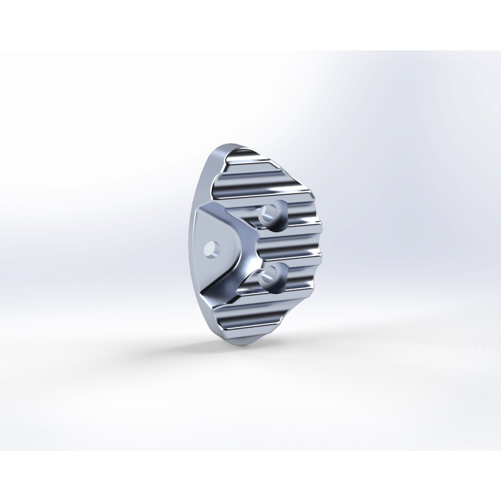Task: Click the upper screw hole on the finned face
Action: pyautogui.click(x=269, y=213)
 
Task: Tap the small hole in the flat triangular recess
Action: pyautogui.click(x=211, y=249)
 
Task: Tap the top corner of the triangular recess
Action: pyautogui.click(x=200, y=210)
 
